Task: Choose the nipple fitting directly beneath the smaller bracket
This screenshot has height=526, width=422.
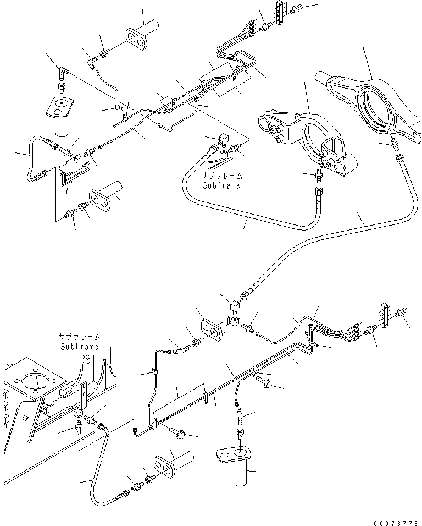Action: click(x=317, y=176)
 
